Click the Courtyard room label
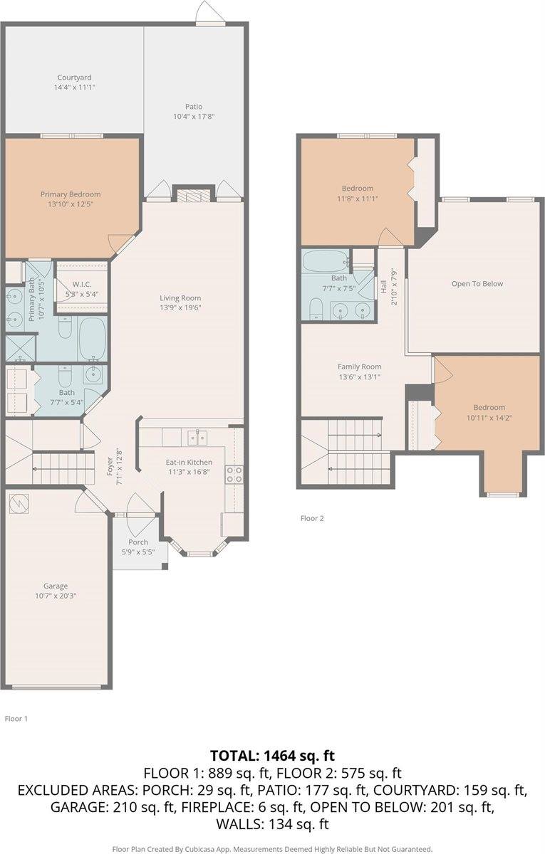[74, 78]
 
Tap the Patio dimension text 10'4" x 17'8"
[194, 117]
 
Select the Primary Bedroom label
[71, 194]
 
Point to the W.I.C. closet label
[82, 284]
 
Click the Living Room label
[180, 297]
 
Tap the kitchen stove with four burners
[234, 474]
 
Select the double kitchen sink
[197, 438]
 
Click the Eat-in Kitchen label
[189, 462]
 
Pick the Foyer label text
[110, 466]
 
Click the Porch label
[138, 542]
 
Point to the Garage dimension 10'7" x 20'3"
[56, 596]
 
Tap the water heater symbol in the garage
[19, 503]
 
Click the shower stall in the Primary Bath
[20, 348]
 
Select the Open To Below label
[477, 284]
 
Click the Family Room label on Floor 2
[360, 367]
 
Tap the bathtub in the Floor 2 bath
[326, 260]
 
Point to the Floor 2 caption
[312, 518]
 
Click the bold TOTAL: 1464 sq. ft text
[272, 755]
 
